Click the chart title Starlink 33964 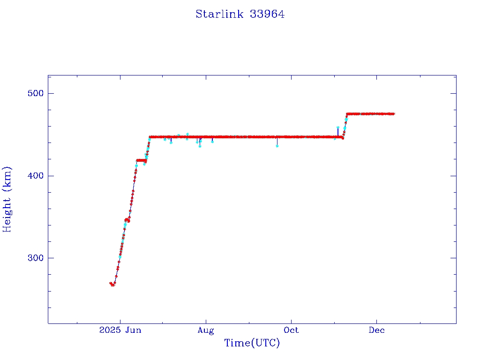tap(240, 14)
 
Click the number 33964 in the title tap(267, 14)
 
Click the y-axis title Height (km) tap(7, 199)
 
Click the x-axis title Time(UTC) tap(252, 343)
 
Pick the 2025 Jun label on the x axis tap(120, 330)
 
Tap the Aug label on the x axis tap(205, 330)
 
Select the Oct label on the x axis tap(291, 330)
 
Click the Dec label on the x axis tap(376, 330)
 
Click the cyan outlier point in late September tap(277, 146)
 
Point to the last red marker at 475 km tap(393, 113)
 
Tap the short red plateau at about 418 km tap(141, 160)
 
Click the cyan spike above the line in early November tap(338, 127)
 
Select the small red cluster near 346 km tap(127, 220)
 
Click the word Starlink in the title tap(219, 14)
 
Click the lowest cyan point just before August tap(200, 146)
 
